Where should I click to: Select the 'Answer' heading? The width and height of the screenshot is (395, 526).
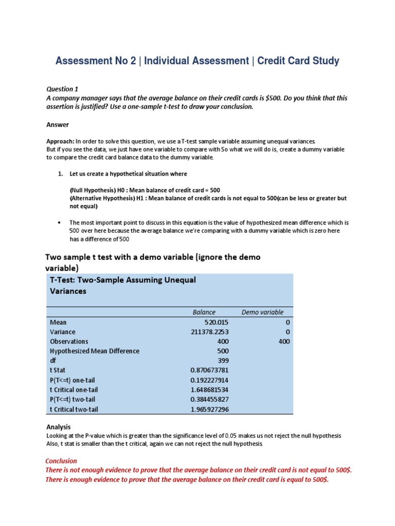[x=57, y=125]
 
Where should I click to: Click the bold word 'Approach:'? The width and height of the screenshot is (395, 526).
[x=60, y=141]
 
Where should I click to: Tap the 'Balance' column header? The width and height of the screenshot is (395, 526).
[x=204, y=312]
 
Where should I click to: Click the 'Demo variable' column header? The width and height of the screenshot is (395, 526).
[x=262, y=312]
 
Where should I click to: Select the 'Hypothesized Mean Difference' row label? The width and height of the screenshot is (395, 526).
[x=95, y=351]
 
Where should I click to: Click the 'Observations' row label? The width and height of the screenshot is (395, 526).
[x=69, y=342]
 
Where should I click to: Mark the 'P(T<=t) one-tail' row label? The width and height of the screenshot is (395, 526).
[x=74, y=380]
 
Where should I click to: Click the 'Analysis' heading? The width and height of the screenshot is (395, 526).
[x=58, y=427]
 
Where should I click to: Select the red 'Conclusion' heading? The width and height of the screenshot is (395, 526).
[x=61, y=461]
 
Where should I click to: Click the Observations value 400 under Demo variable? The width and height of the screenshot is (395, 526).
[x=284, y=342]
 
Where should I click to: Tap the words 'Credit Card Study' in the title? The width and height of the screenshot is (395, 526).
[x=298, y=61]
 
